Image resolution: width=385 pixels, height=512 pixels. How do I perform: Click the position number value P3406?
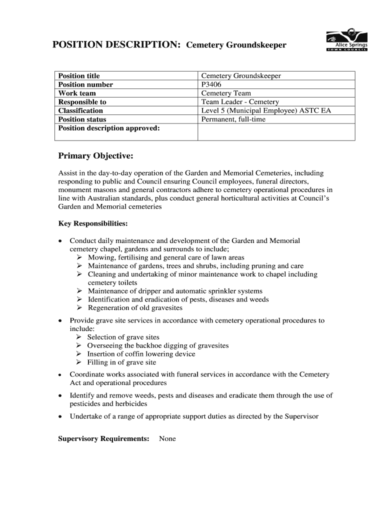[x=211, y=84]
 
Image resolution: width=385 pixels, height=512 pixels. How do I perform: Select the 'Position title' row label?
[x=79, y=76]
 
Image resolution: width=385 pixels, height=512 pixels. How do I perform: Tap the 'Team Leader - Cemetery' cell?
[x=240, y=102]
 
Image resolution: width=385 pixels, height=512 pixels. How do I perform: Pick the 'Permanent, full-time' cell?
[x=233, y=119]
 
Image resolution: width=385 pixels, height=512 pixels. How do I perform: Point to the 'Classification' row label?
[x=80, y=110]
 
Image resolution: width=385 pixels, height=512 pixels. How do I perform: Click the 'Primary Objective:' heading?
[x=95, y=156]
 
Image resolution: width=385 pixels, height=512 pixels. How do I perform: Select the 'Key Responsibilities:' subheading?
[x=93, y=223]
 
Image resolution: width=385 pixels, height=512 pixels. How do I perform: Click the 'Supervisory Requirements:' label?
[x=104, y=439]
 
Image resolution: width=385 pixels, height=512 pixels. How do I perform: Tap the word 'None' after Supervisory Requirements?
[x=167, y=439]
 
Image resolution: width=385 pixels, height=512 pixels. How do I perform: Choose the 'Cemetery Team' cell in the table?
[x=226, y=93]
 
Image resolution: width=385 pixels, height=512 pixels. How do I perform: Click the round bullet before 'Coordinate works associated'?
[x=60, y=375]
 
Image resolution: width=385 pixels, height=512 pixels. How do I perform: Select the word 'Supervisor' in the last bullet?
[x=301, y=416]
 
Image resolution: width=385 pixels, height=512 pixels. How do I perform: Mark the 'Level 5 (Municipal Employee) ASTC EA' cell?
[x=266, y=110]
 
